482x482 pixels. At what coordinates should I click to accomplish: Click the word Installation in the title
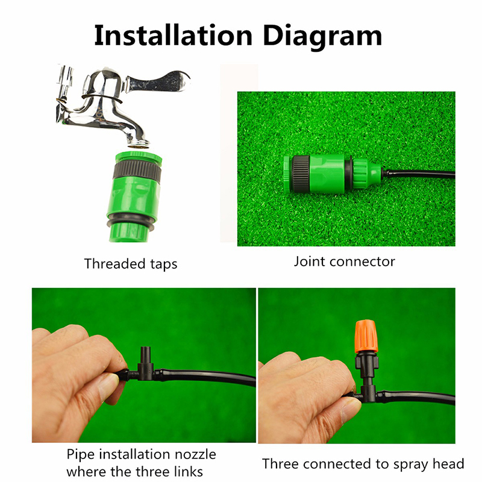173,36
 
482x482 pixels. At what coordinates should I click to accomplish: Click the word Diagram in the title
322,37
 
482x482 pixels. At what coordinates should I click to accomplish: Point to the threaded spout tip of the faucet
138,143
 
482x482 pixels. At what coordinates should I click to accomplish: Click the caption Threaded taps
131,264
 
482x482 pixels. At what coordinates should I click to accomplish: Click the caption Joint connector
344,261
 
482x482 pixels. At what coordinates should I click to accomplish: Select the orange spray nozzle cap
366,337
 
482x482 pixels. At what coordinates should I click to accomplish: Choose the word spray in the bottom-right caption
411,465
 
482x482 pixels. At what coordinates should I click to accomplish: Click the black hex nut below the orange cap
366,360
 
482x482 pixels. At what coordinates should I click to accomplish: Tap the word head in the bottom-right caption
448,463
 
